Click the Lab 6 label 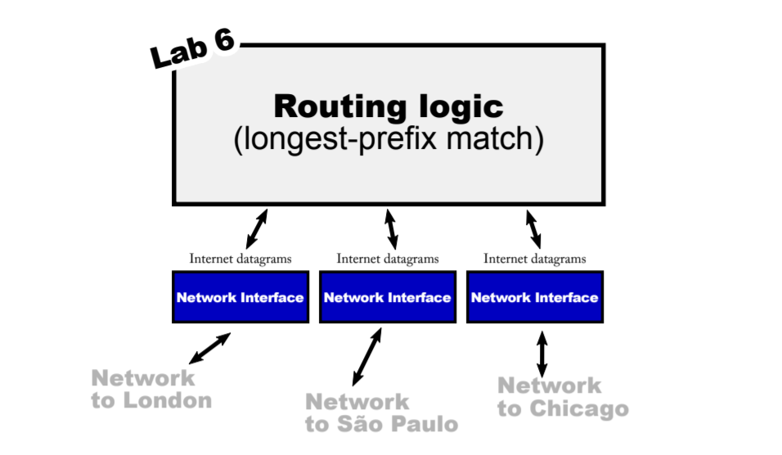(193, 50)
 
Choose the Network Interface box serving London (240, 297)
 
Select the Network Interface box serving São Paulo (388, 297)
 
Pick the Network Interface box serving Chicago (535, 297)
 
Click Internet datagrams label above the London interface (240, 259)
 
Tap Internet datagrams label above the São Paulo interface (388, 259)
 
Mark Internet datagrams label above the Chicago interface (535, 259)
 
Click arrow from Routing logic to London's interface (257, 228)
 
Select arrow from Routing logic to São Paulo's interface (391, 228)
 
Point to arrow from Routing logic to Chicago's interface (533, 228)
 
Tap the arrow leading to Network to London (209, 348)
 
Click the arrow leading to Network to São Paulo (367, 356)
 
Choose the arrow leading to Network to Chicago (542, 353)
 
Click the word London (167, 401)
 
